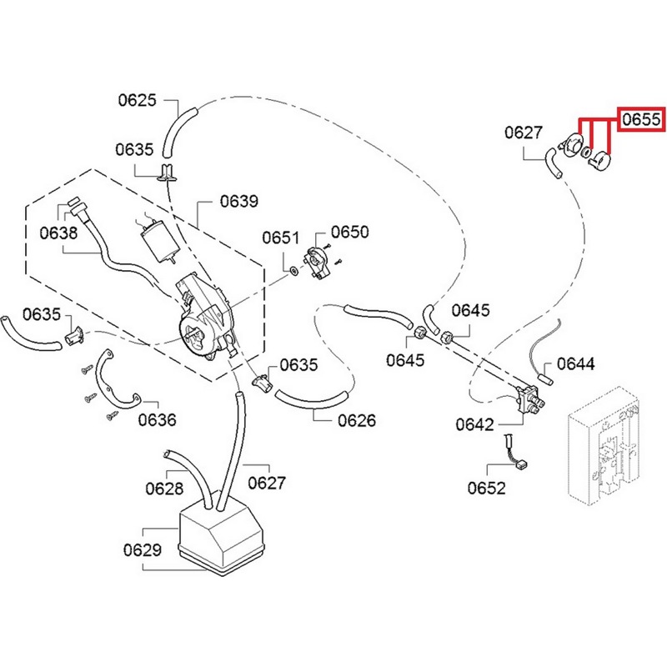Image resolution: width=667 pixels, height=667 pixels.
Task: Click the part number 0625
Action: pyautogui.click(x=137, y=101)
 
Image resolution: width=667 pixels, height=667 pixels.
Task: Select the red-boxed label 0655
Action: pyautogui.click(x=642, y=121)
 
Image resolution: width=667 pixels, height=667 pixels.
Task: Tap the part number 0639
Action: pyautogui.click(x=239, y=202)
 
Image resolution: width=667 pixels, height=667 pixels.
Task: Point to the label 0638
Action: pyautogui.click(x=58, y=233)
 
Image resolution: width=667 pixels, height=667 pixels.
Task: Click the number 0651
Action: pyautogui.click(x=280, y=238)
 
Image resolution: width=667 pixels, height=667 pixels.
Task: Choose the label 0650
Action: pyautogui.click(x=350, y=231)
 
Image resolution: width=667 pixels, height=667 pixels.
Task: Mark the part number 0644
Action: pyautogui.click(x=576, y=364)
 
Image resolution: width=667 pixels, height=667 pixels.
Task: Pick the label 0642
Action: pyautogui.click(x=475, y=424)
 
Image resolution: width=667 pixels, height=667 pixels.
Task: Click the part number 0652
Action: pyautogui.click(x=487, y=487)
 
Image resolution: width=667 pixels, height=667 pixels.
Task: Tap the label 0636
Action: pyautogui.click(x=158, y=419)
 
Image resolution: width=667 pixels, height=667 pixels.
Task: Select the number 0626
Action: pyautogui.click(x=356, y=420)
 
